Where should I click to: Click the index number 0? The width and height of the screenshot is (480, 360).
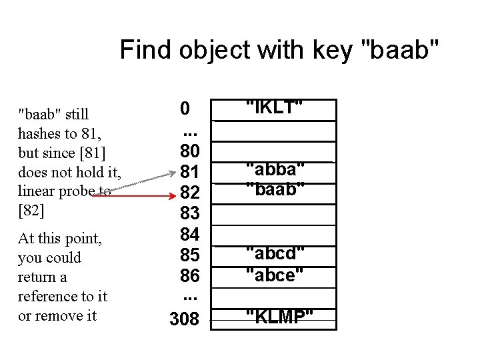[185, 108]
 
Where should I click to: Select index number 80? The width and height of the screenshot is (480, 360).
[185, 152]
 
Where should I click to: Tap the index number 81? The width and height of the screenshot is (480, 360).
[185, 173]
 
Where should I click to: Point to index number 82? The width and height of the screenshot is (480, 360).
[185, 193]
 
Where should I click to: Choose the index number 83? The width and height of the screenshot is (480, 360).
[185, 214]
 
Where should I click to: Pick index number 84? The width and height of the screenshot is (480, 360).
[185, 235]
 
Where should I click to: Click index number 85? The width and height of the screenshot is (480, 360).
[185, 255]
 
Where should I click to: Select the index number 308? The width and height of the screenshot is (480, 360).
[185, 319]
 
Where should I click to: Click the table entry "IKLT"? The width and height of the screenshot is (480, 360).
[275, 107]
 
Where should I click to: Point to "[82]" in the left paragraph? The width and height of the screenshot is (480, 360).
[31, 211]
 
